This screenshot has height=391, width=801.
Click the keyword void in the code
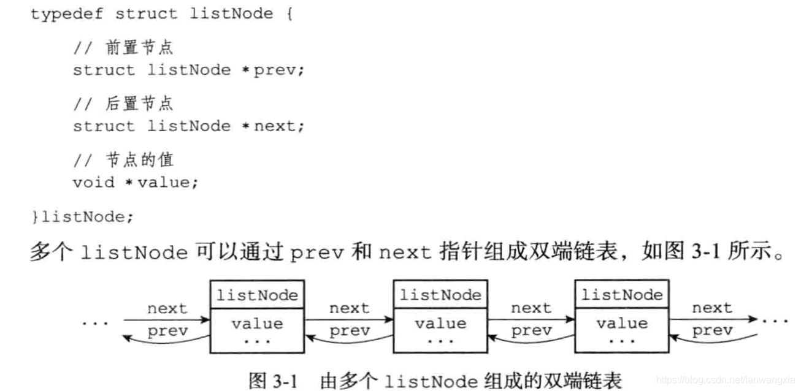(x=93, y=182)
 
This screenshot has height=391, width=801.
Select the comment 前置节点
(x=140, y=47)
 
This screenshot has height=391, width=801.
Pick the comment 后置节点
(x=140, y=104)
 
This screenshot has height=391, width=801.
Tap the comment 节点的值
(x=140, y=160)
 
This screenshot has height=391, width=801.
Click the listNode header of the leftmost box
(x=257, y=295)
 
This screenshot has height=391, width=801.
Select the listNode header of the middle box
(x=440, y=295)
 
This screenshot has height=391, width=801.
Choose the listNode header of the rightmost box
(x=622, y=295)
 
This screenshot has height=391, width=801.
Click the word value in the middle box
(x=440, y=323)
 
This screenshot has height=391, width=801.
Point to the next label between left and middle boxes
(x=349, y=308)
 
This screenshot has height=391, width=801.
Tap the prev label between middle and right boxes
(x=531, y=331)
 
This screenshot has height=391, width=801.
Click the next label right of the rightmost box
(x=712, y=308)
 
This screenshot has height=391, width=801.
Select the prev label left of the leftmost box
(x=167, y=331)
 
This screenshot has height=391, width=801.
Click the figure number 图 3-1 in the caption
(x=273, y=380)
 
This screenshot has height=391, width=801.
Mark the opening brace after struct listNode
(x=288, y=13)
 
